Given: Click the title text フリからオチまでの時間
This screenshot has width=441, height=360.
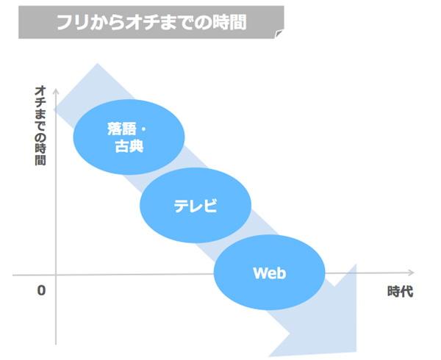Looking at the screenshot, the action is pyautogui.click(x=152, y=22).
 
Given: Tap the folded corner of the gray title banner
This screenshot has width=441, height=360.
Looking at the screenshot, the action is pyautogui.click(x=279, y=34).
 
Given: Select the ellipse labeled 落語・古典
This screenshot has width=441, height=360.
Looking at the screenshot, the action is pyautogui.click(x=129, y=137).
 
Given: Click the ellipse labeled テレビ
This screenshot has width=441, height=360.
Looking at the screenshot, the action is pyautogui.click(x=196, y=205).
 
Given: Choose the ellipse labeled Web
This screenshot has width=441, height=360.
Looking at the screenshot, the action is pyautogui.click(x=270, y=273).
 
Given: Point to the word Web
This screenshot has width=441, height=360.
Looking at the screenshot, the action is pyautogui.click(x=270, y=273).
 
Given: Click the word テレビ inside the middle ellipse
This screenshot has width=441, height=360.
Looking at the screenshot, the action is pyautogui.click(x=196, y=206).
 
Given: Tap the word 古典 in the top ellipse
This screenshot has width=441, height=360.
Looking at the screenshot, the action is pyautogui.click(x=129, y=146).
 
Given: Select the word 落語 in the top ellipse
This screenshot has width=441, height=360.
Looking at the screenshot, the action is pyautogui.click(x=121, y=129).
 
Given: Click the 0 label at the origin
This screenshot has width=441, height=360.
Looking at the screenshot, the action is pyautogui.click(x=41, y=290).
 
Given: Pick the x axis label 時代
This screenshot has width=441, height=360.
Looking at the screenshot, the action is pyautogui.click(x=401, y=291).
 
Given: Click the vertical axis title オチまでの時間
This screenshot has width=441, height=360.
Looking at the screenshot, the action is pyautogui.click(x=40, y=126).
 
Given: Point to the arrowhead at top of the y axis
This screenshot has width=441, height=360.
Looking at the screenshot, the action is pyautogui.click(x=56, y=91).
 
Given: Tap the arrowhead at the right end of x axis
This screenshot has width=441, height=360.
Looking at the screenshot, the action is pyautogui.click(x=412, y=273).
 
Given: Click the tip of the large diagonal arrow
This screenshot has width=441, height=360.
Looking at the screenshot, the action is pyautogui.click(x=356, y=352).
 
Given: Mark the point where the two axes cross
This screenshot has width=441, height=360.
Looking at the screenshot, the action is pyautogui.click(x=56, y=274).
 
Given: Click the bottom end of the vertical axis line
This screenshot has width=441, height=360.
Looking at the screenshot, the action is pyautogui.click(x=56, y=345).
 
